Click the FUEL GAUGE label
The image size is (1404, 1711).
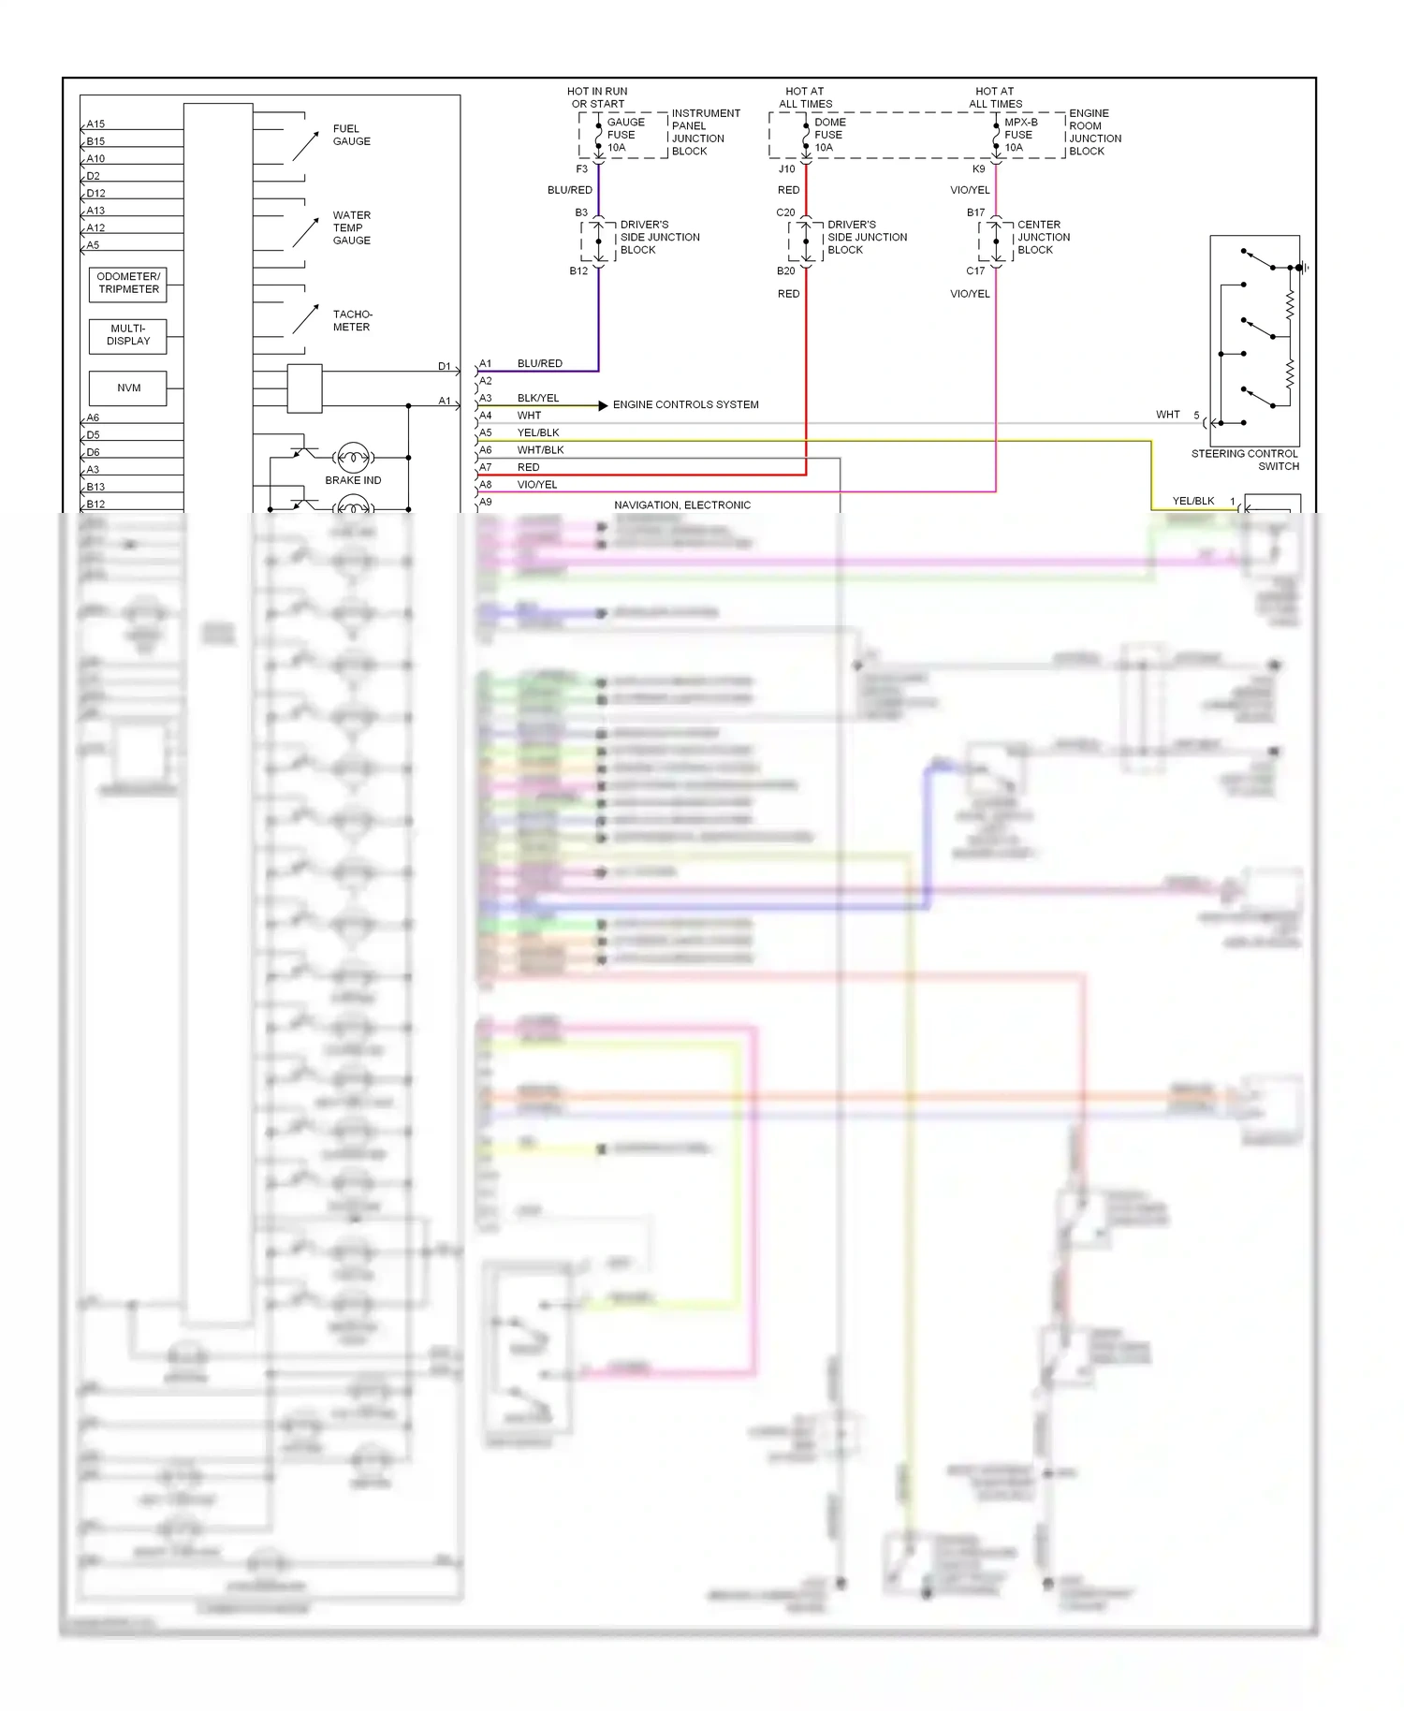coord(351,135)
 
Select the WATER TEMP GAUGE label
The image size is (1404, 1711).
coord(351,227)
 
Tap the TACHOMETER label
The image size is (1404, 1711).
coord(351,320)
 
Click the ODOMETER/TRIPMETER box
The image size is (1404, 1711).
coord(128,283)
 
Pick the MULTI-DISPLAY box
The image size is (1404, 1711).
coord(128,335)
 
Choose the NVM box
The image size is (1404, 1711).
coord(128,388)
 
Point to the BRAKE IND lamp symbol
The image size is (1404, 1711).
coord(353,458)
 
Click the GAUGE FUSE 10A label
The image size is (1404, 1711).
coord(625,135)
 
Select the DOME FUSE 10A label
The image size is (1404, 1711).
coord(829,135)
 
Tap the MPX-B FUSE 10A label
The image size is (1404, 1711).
coord(1019,135)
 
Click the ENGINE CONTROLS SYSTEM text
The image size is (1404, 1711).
coord(685,404)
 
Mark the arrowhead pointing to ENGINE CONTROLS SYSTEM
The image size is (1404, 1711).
coord(603,405)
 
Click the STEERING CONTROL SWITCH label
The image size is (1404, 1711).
coord(1245,460)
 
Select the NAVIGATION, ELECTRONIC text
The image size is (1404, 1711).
coord(682,505)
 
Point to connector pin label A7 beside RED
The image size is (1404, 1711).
coord(486,467)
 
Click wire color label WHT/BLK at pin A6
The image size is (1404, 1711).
coord(540,450)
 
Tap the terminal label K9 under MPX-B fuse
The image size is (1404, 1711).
coord(978,169)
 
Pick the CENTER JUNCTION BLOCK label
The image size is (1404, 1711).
coord(1043,238)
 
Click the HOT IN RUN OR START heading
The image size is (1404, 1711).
coord(597,97)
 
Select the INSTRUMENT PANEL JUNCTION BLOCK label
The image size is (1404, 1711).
coord(705,132)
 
